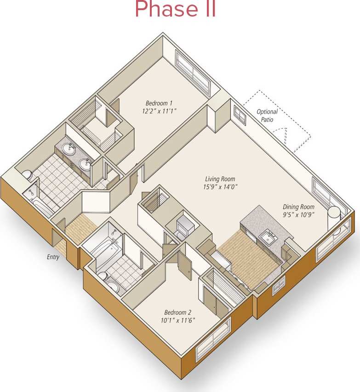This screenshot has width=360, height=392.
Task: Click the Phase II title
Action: coord(175,9)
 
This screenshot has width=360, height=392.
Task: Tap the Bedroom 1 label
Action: coord(159,103)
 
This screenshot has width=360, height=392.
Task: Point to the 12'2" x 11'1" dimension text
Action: coord(159,111)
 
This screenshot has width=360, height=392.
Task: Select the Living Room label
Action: coord(220,179)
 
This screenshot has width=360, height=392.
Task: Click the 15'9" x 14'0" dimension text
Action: coord(220,187)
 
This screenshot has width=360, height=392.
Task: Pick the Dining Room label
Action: coord(298,207)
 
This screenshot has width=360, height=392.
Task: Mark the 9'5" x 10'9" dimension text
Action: coord(298,215)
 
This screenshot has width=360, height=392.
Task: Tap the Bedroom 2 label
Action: coord(178,312)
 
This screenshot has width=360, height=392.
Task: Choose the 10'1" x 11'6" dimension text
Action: coord(178,320)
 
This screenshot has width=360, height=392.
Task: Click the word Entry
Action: coord(53,257)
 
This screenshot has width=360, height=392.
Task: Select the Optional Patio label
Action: coord(267,115)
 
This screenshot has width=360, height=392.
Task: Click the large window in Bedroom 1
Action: coord(193,69)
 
